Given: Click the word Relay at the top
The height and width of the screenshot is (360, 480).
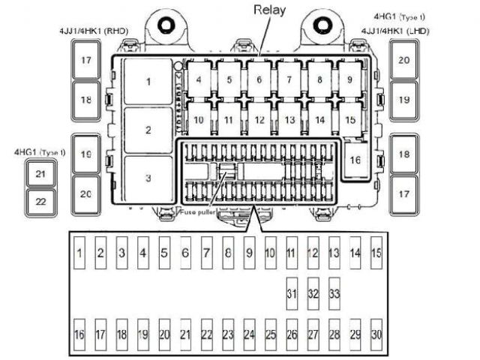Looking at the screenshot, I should [269, 10].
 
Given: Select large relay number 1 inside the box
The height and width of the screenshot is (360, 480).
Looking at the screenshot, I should [148, 80].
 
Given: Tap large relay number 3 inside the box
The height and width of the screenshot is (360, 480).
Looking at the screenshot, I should [148, 178].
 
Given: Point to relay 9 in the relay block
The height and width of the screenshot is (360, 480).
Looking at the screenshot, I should [349, 78].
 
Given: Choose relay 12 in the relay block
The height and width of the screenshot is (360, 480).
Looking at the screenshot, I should [259, 119].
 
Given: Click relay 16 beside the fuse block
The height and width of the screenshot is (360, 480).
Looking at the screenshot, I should [355, 160].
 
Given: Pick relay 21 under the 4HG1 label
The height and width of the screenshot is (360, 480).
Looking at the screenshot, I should [40, 174].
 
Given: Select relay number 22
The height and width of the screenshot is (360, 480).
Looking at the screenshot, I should [40, 201].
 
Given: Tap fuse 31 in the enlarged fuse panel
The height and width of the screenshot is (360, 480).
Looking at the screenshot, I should [292, 292].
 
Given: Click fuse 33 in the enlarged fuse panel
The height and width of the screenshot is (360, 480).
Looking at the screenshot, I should [334, 292].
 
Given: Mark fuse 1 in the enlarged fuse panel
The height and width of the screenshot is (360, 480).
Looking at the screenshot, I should [79, 253].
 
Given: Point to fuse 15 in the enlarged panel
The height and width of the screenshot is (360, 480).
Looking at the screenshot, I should [376, 253].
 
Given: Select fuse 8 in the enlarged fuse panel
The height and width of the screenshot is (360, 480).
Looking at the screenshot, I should [228, 253].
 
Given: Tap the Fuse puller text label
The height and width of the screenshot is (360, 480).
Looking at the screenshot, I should [199, 213].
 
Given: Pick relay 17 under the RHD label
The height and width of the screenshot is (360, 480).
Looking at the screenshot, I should [86, 59].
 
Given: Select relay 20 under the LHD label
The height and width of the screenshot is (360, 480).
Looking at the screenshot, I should [403, 59].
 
